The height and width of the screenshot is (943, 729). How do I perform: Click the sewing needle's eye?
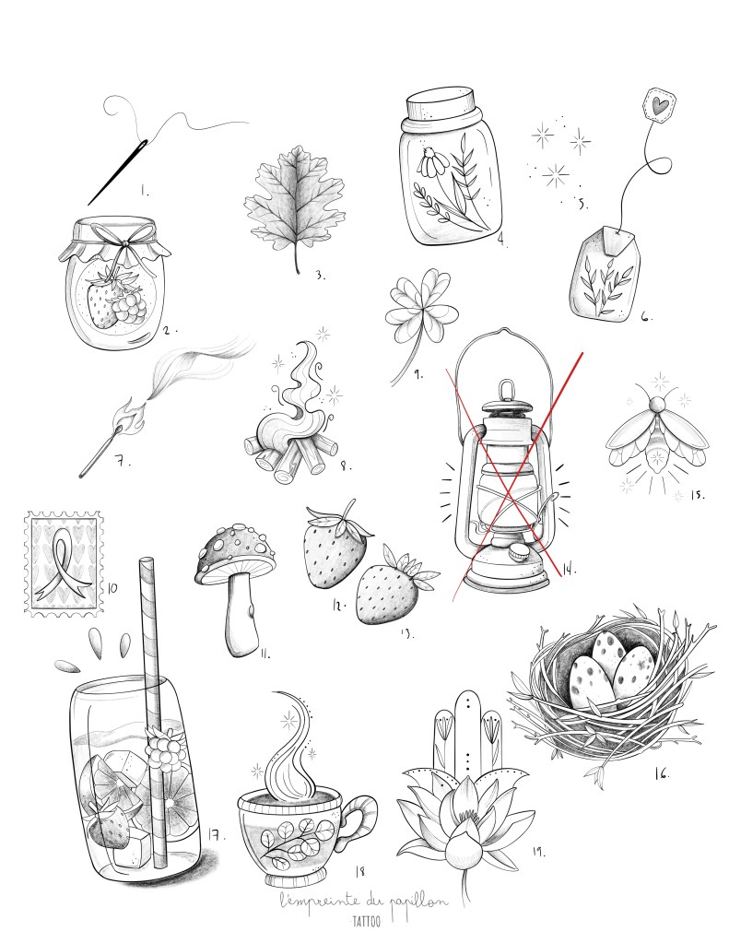point(143,145)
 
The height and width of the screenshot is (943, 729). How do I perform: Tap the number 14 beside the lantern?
point(568,569)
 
